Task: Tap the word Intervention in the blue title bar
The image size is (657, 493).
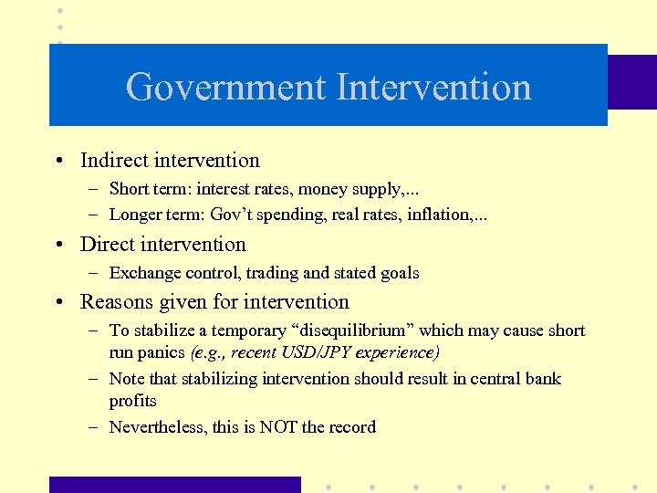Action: tap(433, 88)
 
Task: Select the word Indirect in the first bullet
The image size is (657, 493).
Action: tap(115, 161)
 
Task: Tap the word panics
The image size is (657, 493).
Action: tap(162, 352)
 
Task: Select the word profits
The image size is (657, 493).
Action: tap(133, 401)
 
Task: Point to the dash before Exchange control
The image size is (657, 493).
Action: tap(95, 273)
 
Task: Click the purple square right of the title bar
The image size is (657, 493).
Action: tap(631, 82)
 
